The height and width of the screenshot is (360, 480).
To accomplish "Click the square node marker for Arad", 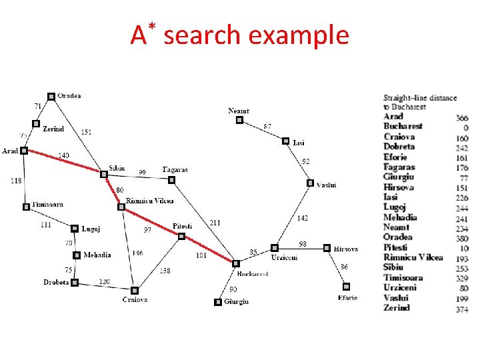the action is click(24, 151).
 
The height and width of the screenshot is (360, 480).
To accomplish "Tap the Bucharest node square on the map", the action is click(233, 263).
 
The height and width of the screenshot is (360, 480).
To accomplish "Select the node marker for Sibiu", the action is click(104, 175).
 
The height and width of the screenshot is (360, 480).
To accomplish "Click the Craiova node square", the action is click(134, 290).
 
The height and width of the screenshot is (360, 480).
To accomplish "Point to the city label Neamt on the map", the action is click(238, 111).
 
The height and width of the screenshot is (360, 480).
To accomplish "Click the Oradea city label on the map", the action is click(69, 95).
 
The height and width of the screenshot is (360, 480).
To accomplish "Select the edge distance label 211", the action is click(215, 223).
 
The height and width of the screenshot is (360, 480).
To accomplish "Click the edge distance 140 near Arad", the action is click(62, 155).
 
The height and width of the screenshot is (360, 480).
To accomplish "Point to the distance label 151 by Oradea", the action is click(86, 132).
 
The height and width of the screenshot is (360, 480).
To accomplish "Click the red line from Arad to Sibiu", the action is click(64, 163).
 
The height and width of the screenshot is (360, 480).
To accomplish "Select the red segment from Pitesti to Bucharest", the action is click(208, 249).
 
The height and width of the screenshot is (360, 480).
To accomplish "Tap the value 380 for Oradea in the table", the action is click(461, 238).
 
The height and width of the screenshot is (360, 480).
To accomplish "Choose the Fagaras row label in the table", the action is click(399, 167).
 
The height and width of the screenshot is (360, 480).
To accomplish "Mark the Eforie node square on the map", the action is click(346, 287).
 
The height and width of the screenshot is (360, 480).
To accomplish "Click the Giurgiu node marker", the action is click(217, 302).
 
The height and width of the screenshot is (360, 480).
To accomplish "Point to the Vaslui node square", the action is click(310, 183).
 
